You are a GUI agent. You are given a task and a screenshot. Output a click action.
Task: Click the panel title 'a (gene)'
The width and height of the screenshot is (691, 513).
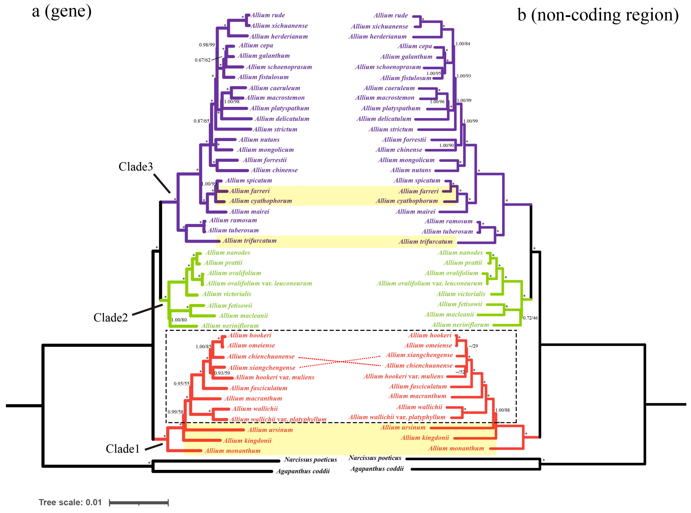click(x=62, y=12)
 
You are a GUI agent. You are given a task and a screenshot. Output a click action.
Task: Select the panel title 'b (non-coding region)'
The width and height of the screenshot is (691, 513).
click(x=597, y=15)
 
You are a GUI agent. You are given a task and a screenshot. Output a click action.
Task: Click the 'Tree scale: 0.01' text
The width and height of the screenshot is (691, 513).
click(x=70, y=502)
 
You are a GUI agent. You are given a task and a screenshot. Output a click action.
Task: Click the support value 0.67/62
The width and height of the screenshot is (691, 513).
click(x=202, y=60)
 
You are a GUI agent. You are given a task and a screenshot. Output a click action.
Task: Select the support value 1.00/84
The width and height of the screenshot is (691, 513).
click(x=462, y=44)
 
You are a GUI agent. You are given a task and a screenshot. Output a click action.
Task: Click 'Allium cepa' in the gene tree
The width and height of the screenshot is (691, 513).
click(x=256, y=45)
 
